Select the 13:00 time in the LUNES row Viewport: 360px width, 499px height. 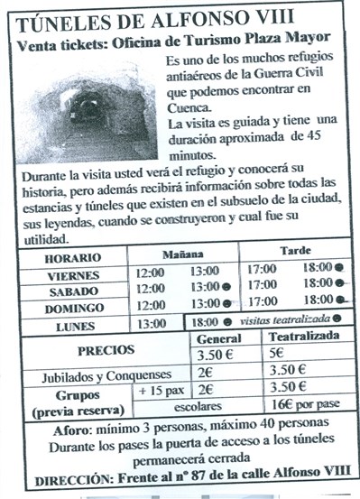tap(151, 323)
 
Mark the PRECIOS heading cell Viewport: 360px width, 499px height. tap(106, 350)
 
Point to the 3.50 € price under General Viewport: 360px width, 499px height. tap(217, 354)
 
